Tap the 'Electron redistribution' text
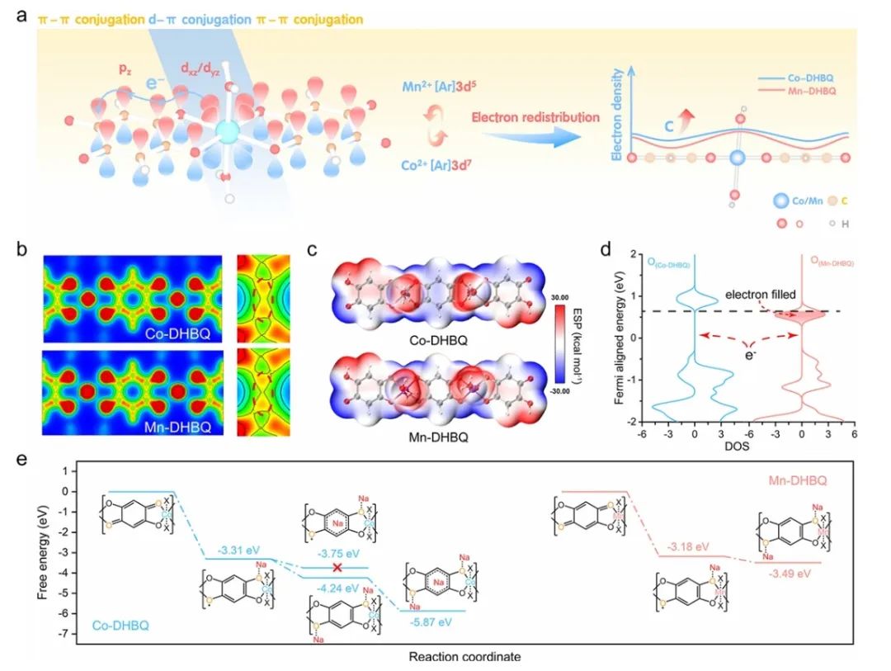click(x=535, y=116)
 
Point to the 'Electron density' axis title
click(x=615, y=123)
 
